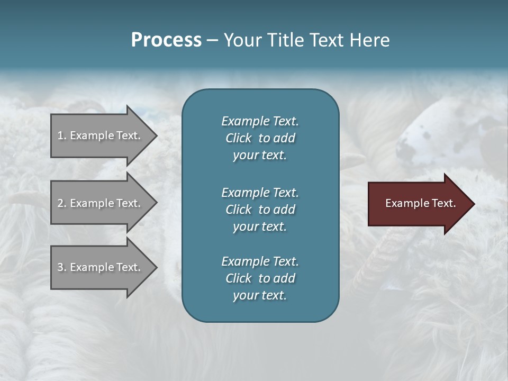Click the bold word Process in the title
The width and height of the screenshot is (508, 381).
pyautogui.click(x=166, y=40)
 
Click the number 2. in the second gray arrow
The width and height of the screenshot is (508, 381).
pyautogui.click(x=62, y=203)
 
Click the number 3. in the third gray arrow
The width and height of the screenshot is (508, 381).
pyautogui.click(x=62, y=267)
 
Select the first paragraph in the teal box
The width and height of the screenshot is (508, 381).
pyautogui.click(x=260, y=138)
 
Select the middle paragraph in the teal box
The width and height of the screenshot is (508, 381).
pyautogui.click(x=260, y=210)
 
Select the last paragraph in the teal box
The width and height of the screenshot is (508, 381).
pyautogui.click(x=260, y=278)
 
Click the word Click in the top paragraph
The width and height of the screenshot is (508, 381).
pyautogui.click(x=239, y=138)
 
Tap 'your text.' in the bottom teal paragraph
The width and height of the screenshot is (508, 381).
pyautogui.click(x=260, y=295)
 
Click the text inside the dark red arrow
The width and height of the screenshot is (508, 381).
pyautogui.click(x=420, y=203)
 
